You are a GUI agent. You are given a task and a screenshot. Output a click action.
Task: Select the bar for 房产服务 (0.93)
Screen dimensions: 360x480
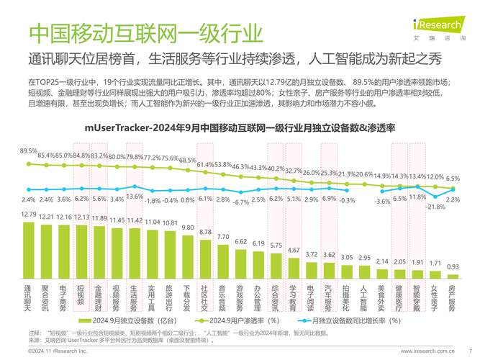[x=453, y=277]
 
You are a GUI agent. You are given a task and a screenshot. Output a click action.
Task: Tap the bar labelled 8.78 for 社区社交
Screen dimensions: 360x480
[x=205, y=259]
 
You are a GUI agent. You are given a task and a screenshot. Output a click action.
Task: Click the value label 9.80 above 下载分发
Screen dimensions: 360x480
[x=188, y=228]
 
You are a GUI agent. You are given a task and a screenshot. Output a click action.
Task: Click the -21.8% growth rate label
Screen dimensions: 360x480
[x=435, y=207]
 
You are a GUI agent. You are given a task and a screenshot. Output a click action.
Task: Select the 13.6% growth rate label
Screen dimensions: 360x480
[x=135, y=197]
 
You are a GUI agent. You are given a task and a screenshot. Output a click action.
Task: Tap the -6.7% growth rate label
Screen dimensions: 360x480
[x=240, y=203]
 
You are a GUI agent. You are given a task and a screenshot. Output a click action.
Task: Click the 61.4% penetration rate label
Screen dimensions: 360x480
[x=205, y=165]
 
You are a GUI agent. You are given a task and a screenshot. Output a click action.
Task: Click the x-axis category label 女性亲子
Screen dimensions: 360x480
[x=435, y=298]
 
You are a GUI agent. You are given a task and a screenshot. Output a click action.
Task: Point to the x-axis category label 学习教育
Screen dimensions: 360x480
[x=294, y=298]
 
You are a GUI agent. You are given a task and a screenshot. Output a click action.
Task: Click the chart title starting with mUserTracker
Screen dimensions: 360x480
[x=240, y=127]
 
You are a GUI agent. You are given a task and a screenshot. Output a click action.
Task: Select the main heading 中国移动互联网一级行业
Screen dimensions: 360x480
[x=144, y=33]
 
